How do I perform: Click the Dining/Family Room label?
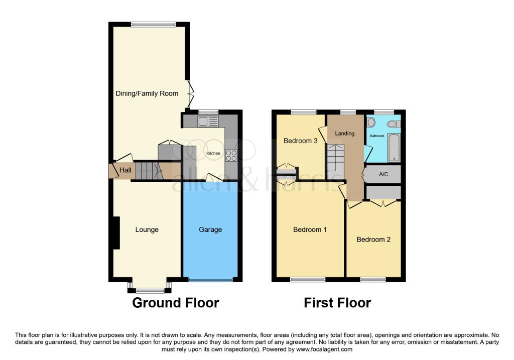[x=147, y=93]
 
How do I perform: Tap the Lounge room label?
[x=147, y=229]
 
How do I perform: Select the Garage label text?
[x=210, y=229]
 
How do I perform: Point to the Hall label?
[x=125, y=171]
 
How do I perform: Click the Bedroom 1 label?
[x=310, y=229]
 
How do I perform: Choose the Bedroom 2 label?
[x=373, y=239]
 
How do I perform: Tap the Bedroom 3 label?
[x=301, y=141]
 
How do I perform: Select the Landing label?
[x=345, y=134]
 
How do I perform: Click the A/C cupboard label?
[x=383, y=174]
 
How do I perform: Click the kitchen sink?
[x=208, y=121]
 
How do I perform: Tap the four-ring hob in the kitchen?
[x=232, y=156]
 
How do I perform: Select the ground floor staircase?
[x=149, y=171]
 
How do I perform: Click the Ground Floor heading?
[x=176, y=303]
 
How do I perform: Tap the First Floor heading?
[x=337, y=303]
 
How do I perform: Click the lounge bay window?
[x=150, y=290]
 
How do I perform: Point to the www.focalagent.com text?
[x=325, y=349]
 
